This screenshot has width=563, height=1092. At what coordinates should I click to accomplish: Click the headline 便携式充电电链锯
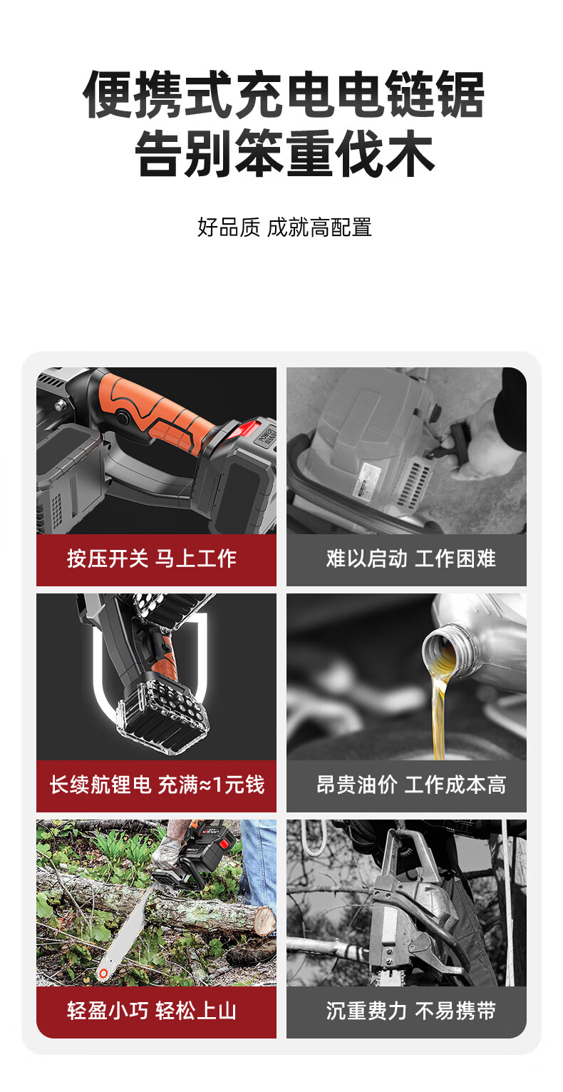point(284,94)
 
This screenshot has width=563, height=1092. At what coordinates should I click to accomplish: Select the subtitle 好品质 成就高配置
point(284,228)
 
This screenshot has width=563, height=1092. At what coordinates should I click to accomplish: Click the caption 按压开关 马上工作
point(152,558)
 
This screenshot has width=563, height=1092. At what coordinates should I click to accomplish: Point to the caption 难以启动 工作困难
point(411,558)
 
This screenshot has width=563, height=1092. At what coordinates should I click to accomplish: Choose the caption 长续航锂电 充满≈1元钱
point(157,785)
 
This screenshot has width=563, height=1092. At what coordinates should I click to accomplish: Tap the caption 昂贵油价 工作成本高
point(411,785)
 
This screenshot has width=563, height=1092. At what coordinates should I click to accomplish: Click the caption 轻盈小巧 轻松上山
point(152,1011)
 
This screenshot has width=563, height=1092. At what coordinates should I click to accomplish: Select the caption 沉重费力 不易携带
point(411,1011)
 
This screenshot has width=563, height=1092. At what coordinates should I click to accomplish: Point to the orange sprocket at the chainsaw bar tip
point(103,974)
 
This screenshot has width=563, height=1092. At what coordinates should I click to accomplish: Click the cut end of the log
point(265,920)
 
